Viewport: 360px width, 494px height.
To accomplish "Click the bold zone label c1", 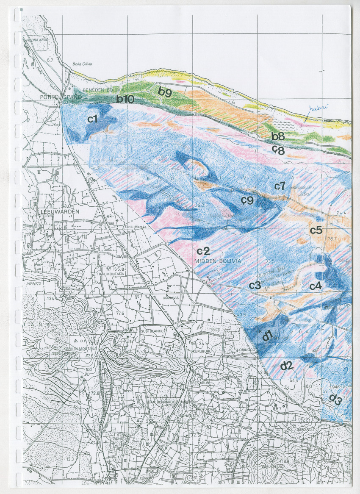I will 93,119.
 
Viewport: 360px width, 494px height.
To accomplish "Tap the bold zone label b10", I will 125,99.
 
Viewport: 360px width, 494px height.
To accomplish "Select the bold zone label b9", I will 164,92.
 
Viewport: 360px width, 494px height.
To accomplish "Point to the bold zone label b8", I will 278,136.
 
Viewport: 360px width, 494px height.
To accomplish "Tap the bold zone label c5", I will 316,230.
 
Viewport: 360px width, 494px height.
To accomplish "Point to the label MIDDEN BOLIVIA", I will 218,261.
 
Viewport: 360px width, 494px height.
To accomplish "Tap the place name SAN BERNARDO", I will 161,401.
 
